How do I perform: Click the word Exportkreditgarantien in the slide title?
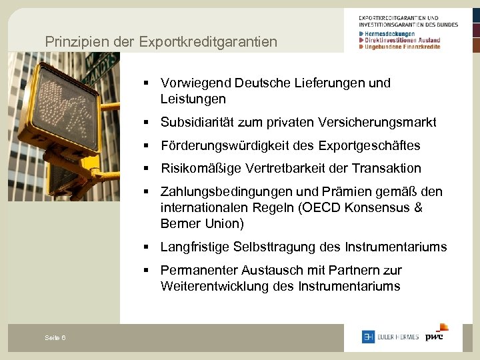208,41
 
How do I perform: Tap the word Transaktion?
387,169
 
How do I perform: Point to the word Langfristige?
195,247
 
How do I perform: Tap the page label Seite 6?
55,338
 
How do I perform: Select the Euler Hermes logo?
391,337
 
